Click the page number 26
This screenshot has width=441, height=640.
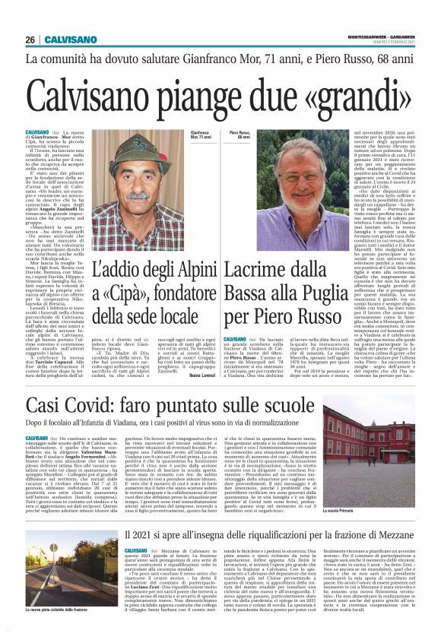click(x=30, y=40)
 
